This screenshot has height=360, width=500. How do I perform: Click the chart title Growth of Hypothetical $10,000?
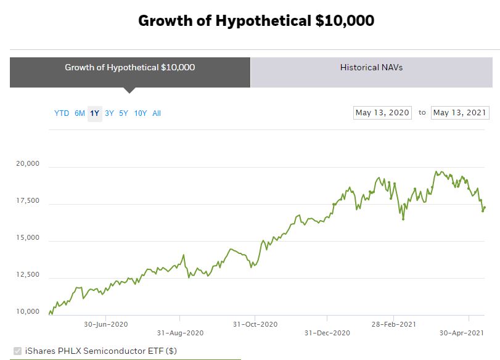pos(256,20)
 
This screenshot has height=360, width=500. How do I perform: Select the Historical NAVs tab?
pos(371,67)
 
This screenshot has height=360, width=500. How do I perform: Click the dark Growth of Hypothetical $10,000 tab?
pos(129,67)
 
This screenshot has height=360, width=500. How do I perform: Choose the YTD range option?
pos(62,113)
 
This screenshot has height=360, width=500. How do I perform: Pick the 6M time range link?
pos(80,113)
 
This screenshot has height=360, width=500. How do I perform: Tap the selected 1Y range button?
pos(94,113)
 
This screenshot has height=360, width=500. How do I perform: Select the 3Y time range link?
pos(109,113)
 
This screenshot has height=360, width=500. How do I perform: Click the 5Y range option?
pos(123,113)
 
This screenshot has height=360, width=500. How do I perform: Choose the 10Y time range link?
pos(141,113)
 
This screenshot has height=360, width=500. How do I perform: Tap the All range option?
pos(157,113)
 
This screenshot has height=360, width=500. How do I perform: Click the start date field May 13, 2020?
pos(382,113)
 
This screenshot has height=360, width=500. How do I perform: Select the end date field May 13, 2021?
pos(460,113)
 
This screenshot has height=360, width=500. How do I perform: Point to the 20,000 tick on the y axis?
pos(28,164)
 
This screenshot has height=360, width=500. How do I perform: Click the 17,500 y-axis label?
pos(28,201)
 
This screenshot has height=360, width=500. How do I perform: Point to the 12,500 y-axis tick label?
pos(28,275)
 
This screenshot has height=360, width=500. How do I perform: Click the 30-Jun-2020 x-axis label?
pos(105,324)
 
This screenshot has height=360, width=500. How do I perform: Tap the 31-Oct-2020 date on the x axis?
pos(255,324)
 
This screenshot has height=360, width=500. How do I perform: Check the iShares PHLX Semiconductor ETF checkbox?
pos(17,351)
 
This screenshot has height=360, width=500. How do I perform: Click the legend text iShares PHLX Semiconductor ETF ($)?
pos(101,351)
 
